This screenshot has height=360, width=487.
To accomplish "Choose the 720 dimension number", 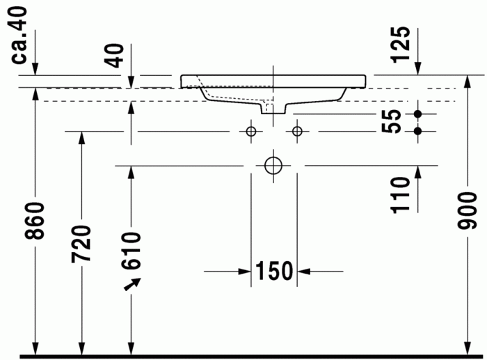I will point(81,244).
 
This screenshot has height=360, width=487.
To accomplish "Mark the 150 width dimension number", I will point(274,271).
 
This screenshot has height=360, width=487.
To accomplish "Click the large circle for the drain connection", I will point(273,166).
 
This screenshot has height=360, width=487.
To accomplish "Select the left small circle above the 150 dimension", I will point(250,131).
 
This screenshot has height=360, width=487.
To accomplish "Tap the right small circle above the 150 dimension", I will point(297,131).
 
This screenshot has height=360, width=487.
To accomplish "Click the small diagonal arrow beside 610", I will point(132,283).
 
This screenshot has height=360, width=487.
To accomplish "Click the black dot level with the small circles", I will point(418,131).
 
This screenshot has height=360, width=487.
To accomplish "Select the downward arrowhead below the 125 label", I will point(418,68).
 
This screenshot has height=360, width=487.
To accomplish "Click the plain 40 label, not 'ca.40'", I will point(118,54).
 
